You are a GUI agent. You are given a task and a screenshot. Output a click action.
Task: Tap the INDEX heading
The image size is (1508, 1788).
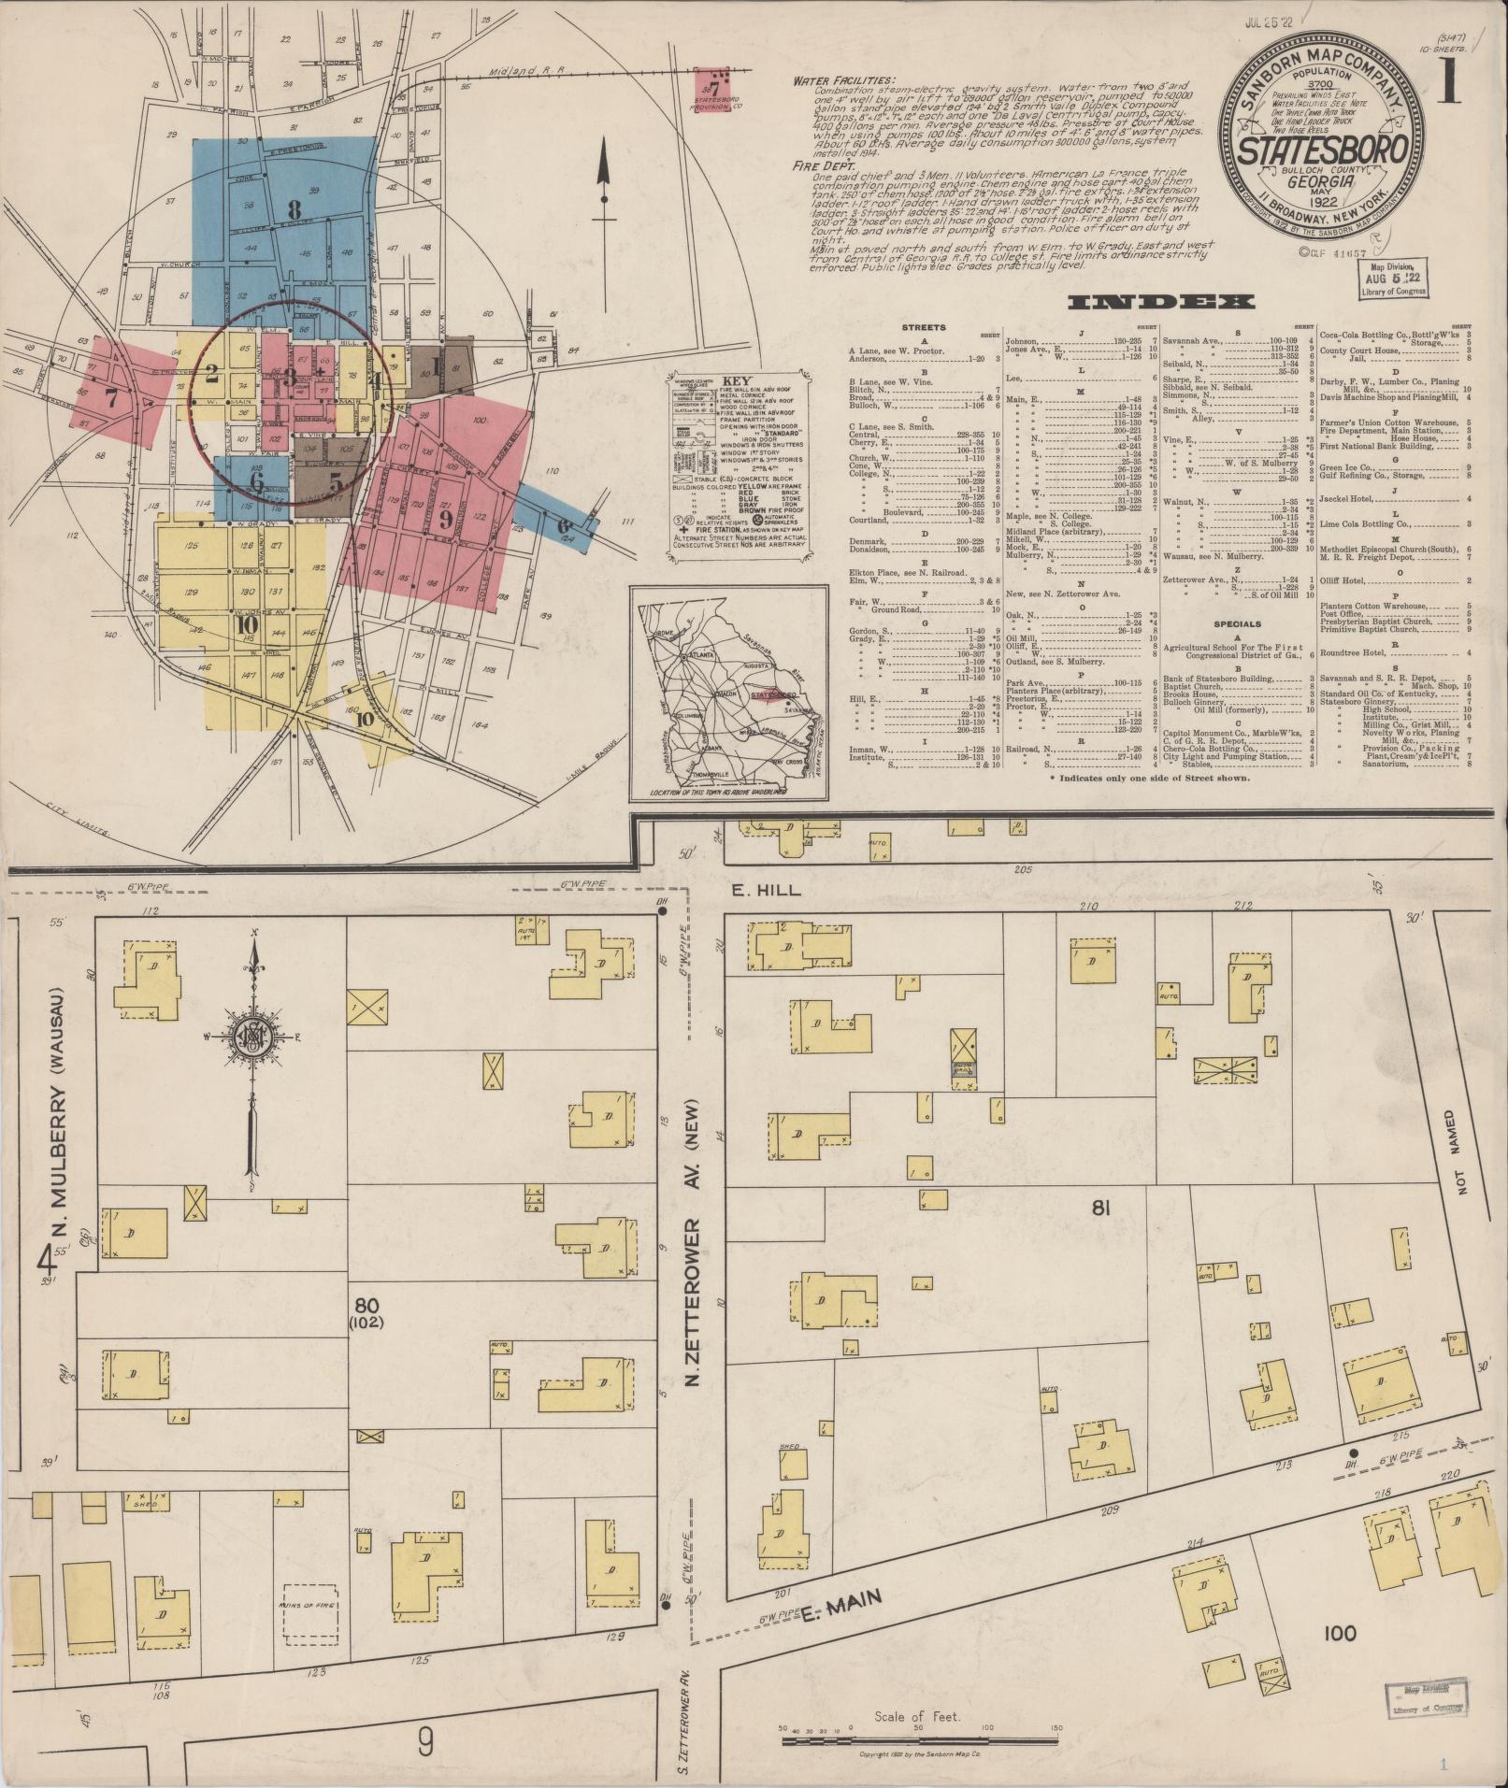(x=1160, y=302)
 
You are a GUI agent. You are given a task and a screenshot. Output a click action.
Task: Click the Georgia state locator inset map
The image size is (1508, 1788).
(x=728, y=692)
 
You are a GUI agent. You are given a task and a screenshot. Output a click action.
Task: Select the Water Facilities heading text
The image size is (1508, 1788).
(x=843, y=80)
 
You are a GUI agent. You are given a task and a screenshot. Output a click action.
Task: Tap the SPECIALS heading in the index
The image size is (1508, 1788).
(x=1237, y=623)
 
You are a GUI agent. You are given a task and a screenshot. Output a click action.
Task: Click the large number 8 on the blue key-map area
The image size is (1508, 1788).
(x=294, y=208)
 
